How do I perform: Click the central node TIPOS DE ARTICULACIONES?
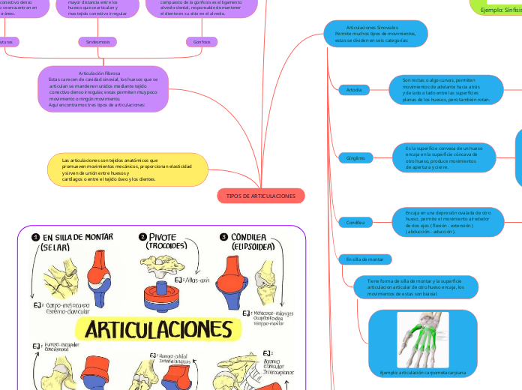coord(261,196)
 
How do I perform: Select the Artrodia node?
coord(354,90)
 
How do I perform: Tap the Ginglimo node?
coord(355,158)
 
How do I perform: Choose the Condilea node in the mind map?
coord(355,222)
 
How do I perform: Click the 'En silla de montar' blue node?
coord(364,259)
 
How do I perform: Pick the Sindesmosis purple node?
coord(97,42)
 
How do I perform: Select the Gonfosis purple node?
coord(202,42)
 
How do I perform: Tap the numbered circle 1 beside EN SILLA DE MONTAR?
coord(34,238)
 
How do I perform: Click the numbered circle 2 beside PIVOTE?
coord(142,238)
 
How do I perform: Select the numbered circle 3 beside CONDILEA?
coord(223,238)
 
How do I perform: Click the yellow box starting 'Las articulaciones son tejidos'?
coord(127,169)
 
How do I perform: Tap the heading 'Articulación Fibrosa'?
coord(105,73)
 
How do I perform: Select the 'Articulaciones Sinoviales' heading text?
coord(371,28)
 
